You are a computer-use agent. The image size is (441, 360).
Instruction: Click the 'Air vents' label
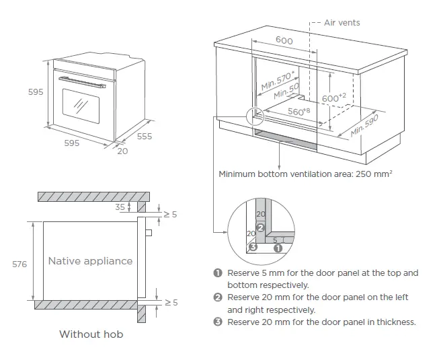342,22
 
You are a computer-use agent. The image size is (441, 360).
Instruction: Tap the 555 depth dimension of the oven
145,136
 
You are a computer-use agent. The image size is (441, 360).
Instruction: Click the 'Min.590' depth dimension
366,125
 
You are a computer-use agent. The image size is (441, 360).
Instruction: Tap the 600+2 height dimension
334,98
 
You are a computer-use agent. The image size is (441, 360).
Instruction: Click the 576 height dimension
19,264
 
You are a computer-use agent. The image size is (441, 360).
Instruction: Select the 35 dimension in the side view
120,207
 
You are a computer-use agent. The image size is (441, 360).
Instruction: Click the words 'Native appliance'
90,260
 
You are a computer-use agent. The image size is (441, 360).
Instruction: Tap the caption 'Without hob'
91,334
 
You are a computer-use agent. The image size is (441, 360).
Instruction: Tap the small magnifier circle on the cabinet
255,116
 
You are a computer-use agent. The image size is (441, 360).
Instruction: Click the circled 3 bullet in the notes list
217,322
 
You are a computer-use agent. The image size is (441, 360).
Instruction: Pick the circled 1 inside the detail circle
276,247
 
